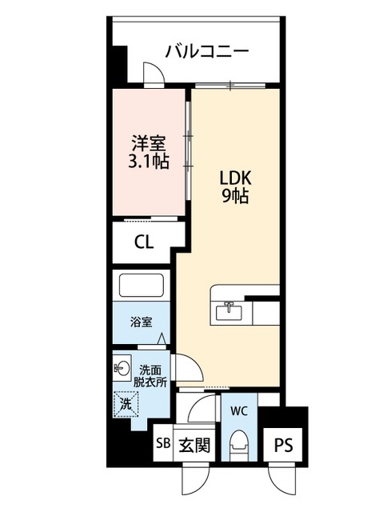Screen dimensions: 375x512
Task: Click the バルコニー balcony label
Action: (x=207, y=52)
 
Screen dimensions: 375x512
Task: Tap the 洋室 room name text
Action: (x=149, y=143)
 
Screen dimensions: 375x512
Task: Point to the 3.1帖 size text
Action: (x=149, y=162)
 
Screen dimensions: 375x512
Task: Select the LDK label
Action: (x=235, y=178)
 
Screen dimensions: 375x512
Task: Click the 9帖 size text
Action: (x=235, y=196)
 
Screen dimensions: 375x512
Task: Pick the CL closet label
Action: (x=144, y=242)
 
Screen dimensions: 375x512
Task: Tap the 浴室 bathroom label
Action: (x=141, y=322)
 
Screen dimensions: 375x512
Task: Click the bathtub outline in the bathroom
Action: (x=142, y=286)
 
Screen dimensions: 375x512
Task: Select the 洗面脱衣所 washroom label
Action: (x=150, y=376)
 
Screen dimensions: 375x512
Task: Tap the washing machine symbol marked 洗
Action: (x=126, y=404)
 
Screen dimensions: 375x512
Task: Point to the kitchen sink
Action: (x=229, y=311)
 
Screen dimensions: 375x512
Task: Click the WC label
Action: (x=239, y=411)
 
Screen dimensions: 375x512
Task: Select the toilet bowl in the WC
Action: (x=239, y=446)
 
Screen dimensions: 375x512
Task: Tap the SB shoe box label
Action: (x=163, y=443)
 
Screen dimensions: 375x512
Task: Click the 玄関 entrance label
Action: (x=194, y=445)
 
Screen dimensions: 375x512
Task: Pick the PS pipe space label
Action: (x=283, y=446)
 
